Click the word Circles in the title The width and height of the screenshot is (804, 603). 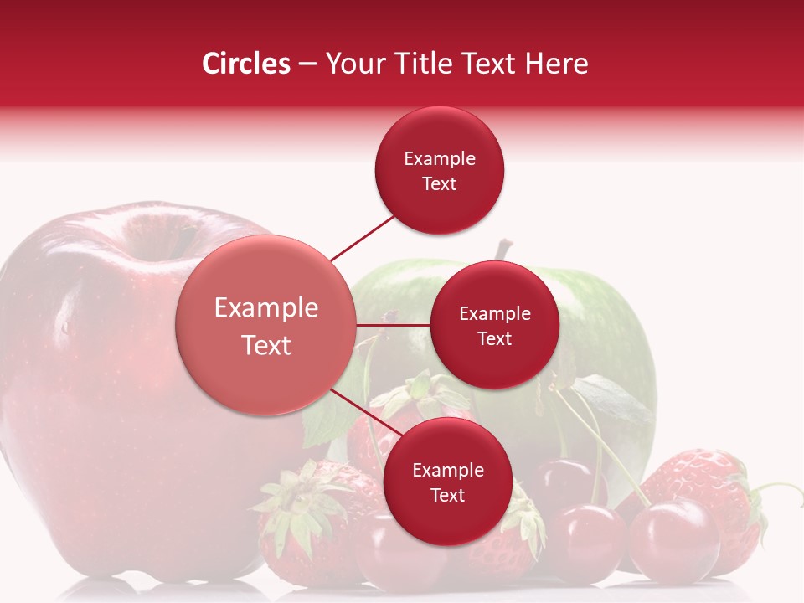point(245,64)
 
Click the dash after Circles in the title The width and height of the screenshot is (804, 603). point(307,64)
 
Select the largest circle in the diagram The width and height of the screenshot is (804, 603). point(265,325)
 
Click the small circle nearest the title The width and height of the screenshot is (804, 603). point(439,170)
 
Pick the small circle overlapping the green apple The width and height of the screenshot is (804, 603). point(494,325)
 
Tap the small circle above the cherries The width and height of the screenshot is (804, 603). point(447,482)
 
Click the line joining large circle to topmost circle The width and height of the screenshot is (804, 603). point(363,238)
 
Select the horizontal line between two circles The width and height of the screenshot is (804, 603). point(393,325)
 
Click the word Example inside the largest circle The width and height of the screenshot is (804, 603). point(265,308)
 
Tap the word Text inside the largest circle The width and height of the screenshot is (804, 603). point(265,345)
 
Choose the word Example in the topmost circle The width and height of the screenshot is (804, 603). point(439,158)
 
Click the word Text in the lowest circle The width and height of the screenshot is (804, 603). point(447,495)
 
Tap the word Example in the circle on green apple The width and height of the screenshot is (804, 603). point(494,313)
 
